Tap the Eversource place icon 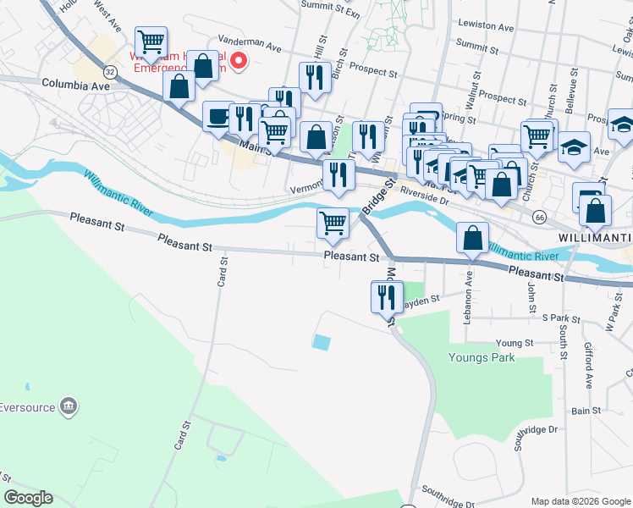point(69,406)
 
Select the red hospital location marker point(239,60)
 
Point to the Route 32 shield point(111,73)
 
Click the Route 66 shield point(539,217)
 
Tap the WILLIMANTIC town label point(596,236)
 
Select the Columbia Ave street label point(76,86)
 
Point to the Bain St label point(586,411)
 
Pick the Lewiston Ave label point(484,27)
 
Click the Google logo point(28,498)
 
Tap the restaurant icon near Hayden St point(385,296)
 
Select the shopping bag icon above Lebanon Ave point(472,238)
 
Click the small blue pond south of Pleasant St point(322,342)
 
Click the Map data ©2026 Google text point(580,501)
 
